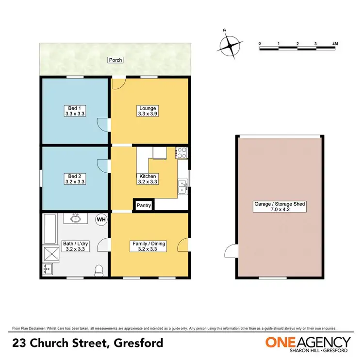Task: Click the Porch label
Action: tap(116, 60)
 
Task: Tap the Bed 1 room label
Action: tap(74, 111)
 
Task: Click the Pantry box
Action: tap(144, 206)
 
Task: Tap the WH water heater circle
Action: tap(101, 220)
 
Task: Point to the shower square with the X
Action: tap(50, 253)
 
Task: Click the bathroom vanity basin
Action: tap(76, 218)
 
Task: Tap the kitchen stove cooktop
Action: tap(182, 153)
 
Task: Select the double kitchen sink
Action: tap(182, 186)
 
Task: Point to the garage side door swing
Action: tap(229, 251)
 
